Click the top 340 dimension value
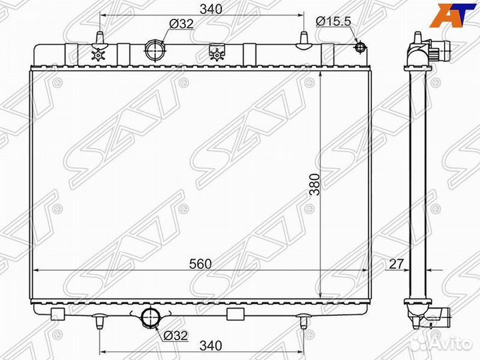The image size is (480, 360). click(x=211, y=9)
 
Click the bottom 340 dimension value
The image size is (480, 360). click(x=211, y=345)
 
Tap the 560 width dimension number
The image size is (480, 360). click(x=200, y=264)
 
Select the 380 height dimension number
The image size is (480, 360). click(x=315, y=184)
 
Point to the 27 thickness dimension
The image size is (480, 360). click(x=396, y=263)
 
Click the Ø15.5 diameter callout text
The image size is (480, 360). click(x=333, y=21)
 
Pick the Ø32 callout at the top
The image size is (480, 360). click(x=181, y=23)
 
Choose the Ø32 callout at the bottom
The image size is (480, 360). click(x=175, y=335)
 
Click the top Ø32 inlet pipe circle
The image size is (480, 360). click(x=155, y=50)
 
